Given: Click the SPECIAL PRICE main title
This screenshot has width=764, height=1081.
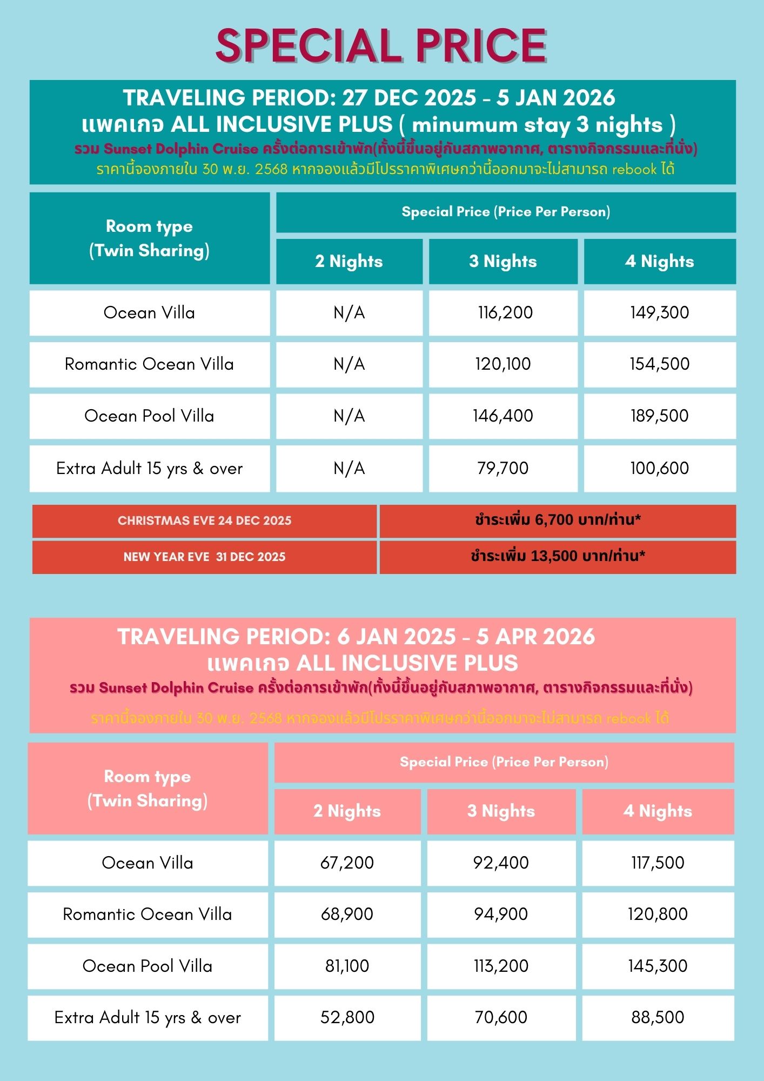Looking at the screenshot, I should click(381, 46).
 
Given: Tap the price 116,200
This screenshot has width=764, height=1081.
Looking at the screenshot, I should click(505, 312).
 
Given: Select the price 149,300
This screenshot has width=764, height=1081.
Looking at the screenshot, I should click(659, 312).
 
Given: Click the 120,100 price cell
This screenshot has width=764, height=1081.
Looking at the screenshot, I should click(503, 364).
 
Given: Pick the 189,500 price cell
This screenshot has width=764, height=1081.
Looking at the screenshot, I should click(659, 416).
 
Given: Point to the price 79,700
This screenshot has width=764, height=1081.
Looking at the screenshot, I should click(503, 468).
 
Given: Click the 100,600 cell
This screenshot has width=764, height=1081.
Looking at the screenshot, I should click(659, 468).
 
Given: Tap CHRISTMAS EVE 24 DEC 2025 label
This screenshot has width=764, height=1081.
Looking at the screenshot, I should click(204, 521).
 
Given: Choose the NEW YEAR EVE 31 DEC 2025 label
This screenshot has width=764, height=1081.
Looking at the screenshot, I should click(204, 557).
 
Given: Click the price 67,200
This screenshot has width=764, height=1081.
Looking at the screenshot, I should click(347, 863).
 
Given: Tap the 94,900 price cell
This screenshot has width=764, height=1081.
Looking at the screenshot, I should click(501, 914).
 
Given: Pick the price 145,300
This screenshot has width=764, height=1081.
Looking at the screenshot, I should click(658, 966).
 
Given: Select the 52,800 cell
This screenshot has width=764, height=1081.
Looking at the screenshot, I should click(347, 1017).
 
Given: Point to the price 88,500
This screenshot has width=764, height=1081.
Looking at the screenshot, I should click(658, 1017).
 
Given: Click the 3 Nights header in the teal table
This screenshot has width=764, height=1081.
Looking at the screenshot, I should click(503, 262).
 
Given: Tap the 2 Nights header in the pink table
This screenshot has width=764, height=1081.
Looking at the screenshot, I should click(347, 811).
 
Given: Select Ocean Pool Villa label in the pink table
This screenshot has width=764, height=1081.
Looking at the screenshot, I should click(148, 966).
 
